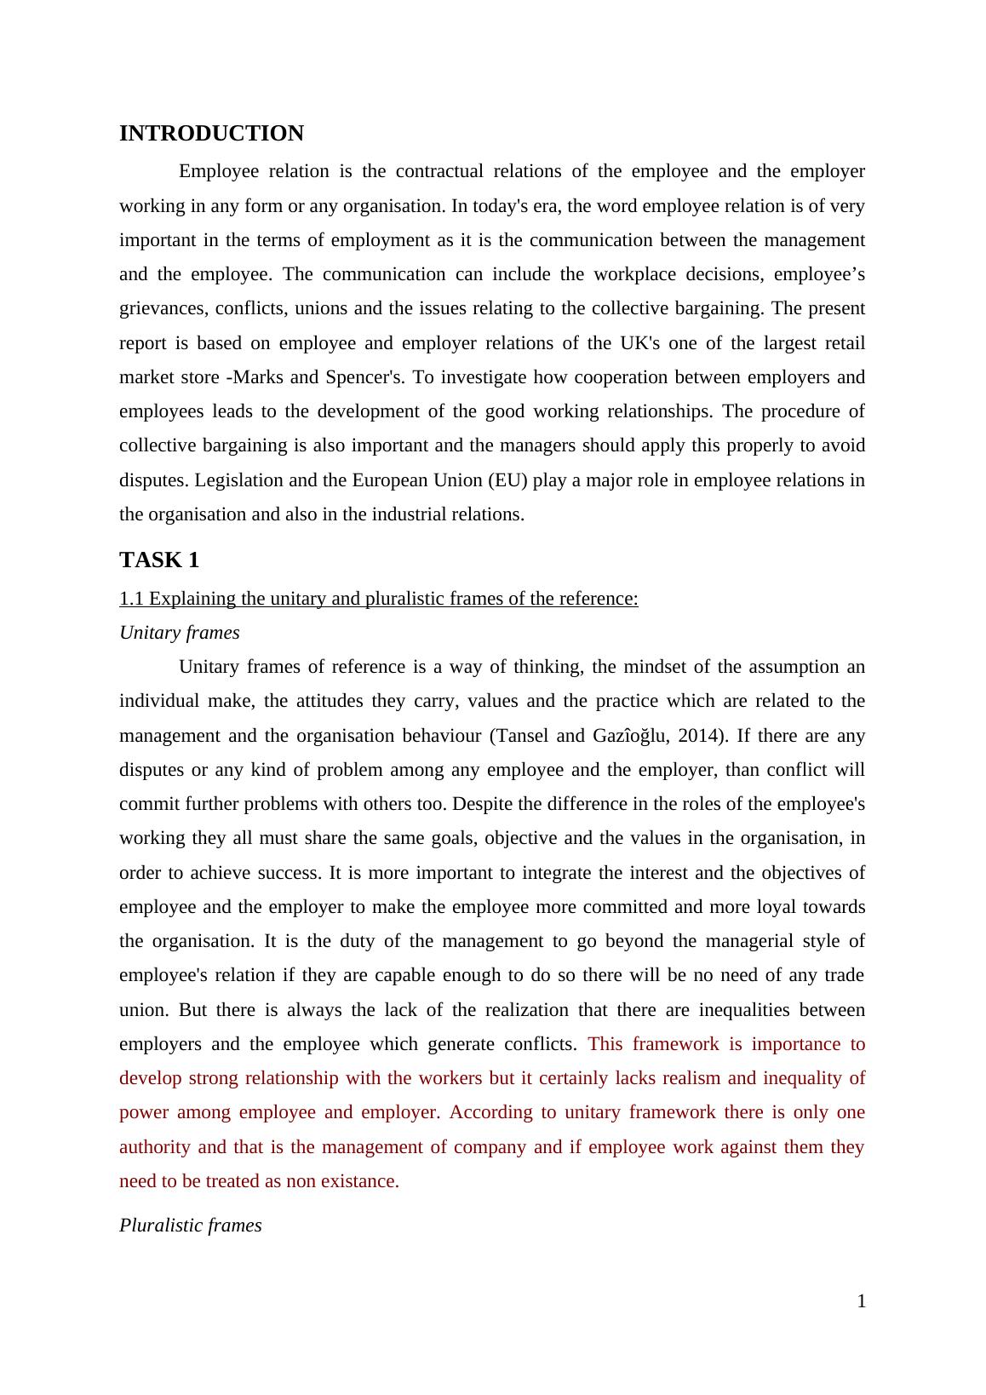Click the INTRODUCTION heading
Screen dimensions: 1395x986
(211, 134)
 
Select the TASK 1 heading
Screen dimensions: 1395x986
(159, 560)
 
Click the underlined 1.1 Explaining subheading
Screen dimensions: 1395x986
(378, 599)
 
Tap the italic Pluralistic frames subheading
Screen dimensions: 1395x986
(191, 1226)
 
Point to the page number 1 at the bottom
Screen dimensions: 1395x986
(861, 1301)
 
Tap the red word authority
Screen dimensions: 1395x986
(155, 1147)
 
